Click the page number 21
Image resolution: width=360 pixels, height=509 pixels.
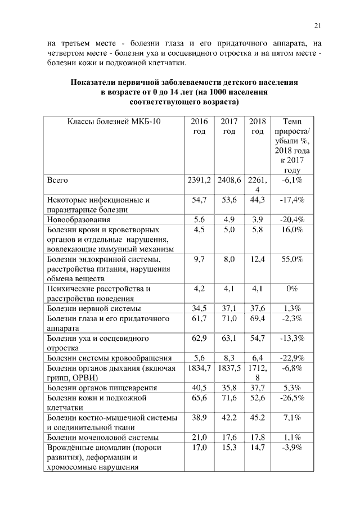coord(317,25)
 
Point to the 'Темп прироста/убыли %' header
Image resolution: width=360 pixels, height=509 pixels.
coord(291,146)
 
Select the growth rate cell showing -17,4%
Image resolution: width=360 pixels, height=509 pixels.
coord(291,200)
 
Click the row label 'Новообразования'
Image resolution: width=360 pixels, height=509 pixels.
coord(78,219)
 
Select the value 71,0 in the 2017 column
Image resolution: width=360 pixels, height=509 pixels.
coord(229,319)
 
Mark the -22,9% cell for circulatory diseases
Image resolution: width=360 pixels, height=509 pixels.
coord(291,358)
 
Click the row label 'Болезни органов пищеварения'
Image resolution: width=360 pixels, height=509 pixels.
coord(101,388)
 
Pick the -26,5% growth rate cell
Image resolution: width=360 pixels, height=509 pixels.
coord(291,398)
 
